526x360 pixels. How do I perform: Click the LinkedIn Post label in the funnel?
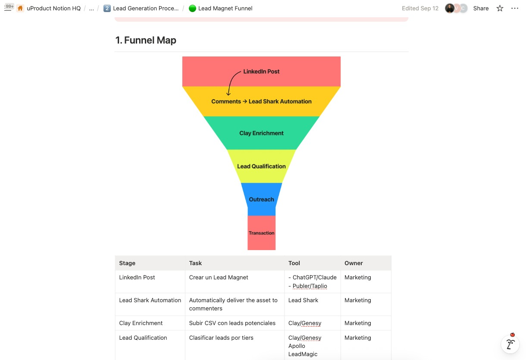coord(261,72)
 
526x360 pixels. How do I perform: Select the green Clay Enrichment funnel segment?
coord(261,133)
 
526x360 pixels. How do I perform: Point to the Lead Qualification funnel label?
coord(261,166)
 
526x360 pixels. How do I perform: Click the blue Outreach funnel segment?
coord(261,200)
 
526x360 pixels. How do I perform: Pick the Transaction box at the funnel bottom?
coord(261,233)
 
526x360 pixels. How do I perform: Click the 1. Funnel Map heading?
coord(146,41)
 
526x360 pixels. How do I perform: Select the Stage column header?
coord(127,263)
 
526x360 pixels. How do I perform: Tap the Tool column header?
coord(294,263)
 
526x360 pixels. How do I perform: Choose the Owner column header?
coord(354,263)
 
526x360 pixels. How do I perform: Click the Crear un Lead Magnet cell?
coord(219,278)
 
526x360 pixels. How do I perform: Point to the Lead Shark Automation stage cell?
coord(150,301)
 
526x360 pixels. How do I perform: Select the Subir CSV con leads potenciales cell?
coord(232,323)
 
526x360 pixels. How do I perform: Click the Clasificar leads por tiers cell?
coord(221,338)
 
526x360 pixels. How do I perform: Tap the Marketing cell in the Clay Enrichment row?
coord(358,323)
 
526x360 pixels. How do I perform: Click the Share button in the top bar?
coord(481,8)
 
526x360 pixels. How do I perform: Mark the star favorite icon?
coord(500,8)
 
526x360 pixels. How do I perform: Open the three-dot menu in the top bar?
coord(515,8)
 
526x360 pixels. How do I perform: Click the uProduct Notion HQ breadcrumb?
coord(53,8)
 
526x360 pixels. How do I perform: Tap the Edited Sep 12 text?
coord(420,8)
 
